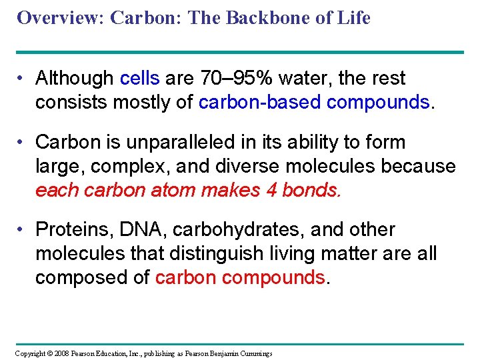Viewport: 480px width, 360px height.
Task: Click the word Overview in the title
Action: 58,18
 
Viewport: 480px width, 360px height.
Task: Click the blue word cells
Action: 139,79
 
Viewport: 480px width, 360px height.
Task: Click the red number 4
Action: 271,190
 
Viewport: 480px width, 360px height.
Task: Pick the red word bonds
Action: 312,190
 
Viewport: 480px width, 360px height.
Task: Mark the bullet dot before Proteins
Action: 22,230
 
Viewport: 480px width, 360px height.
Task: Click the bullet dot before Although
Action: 22,79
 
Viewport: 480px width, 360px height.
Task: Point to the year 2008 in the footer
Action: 61,353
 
